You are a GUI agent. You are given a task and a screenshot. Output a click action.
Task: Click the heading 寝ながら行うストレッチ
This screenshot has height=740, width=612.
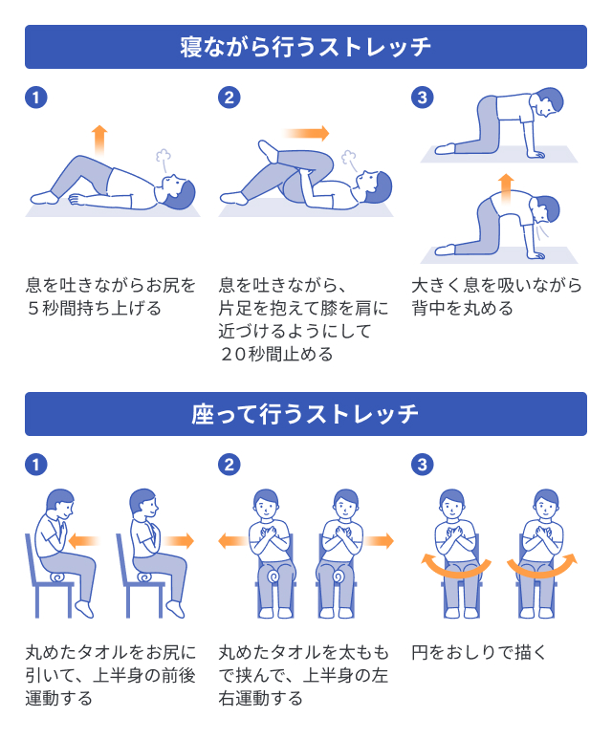point(305,47)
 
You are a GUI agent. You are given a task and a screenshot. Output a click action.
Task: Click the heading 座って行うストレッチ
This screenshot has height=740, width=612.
point(305,414)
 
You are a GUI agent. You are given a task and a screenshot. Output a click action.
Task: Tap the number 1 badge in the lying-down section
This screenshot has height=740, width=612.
point(35,98)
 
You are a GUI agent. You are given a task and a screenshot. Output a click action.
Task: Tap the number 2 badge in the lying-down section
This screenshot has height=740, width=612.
point(229,98)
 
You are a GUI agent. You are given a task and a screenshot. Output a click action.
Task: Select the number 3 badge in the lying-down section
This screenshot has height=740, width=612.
point(422,98)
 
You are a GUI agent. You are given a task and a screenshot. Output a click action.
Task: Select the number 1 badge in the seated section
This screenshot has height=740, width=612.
point(35,465)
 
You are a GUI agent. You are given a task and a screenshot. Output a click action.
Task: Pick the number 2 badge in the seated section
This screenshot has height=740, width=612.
point(229,465)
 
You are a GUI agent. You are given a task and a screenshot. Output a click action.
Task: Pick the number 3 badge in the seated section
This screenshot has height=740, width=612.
point(422,465)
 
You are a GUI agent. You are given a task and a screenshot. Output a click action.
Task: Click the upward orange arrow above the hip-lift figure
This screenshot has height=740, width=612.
point(99,139)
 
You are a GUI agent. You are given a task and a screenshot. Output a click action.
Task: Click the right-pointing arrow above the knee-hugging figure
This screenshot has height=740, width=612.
point(306,133)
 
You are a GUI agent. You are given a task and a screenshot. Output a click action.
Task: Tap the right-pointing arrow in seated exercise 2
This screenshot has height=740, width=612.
point(379,541)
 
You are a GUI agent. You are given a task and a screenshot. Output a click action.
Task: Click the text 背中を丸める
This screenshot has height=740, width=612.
point(463,308)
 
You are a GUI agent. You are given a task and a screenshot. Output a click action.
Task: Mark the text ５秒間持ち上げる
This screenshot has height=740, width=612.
point(93,308)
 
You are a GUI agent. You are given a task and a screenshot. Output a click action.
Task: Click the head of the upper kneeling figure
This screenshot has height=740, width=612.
point(550,100)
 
